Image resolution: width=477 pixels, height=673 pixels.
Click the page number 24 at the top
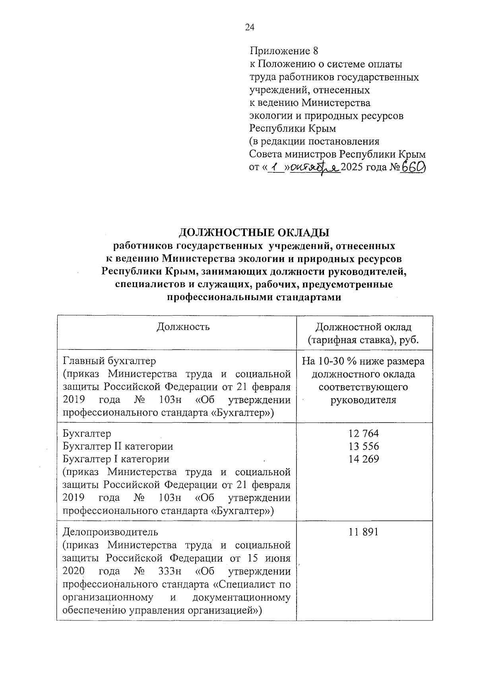point(250,27)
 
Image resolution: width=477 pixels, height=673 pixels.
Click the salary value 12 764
point(364,433)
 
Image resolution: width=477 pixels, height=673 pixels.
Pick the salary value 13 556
point(364,446)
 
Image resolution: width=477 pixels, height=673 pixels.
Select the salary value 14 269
point(364,459)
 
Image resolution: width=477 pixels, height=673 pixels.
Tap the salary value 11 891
point(364,532)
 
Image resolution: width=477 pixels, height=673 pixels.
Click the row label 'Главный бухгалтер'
point(110,361)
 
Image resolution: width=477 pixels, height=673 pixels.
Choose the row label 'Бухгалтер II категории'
point(118,446)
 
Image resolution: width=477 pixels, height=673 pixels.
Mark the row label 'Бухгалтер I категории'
point(116,459)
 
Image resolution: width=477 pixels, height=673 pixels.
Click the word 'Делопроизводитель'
point(111,532)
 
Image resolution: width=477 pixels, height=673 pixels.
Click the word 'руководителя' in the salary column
point(364,400)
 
